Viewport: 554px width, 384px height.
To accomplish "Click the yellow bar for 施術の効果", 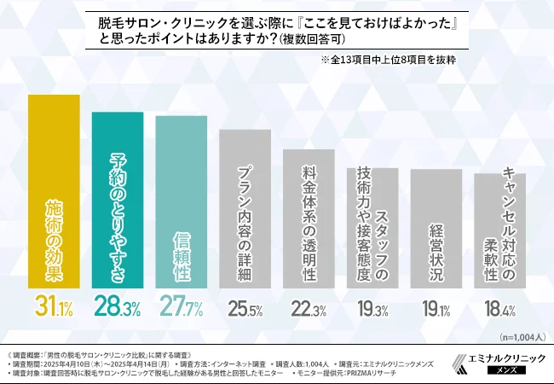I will pyautogui.click(x=54, y=192).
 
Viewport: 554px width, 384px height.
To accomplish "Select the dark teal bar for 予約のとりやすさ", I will pyautogui.click(x=118, y=201).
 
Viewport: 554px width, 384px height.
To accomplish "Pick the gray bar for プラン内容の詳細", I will pyautogui.click(x=245, y=209).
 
